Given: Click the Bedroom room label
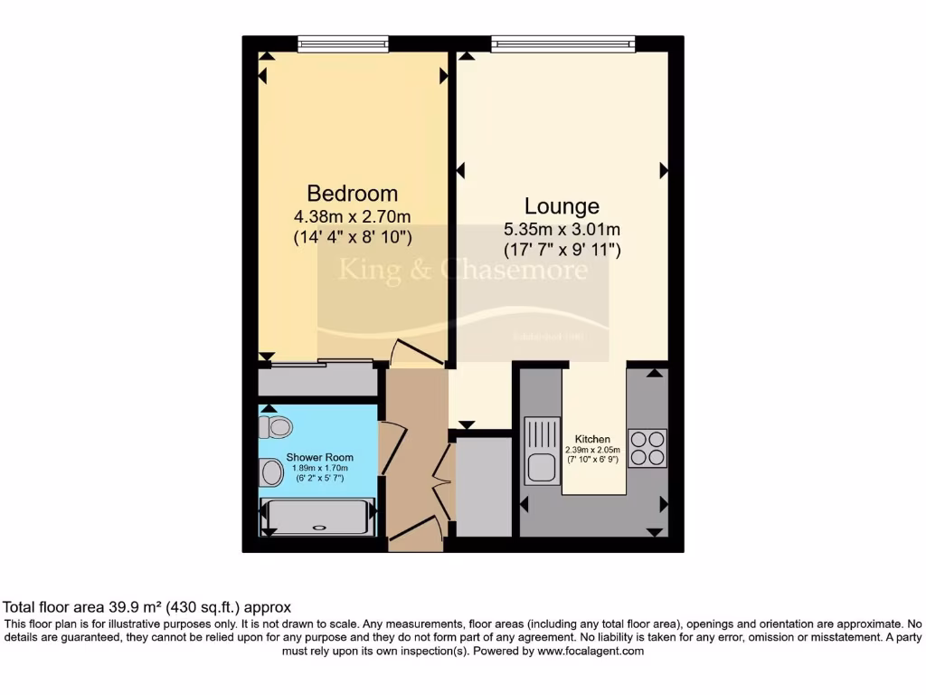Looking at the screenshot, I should click(x=353, y=194).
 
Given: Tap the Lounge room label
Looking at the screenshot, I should click(x=562, y=206).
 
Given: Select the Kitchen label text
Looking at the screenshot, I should click(x=592, y=439).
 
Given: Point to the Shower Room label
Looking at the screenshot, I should click(x=319, y=457).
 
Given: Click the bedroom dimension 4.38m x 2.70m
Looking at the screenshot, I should click(x=353, y=217).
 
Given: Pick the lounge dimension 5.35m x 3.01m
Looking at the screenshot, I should click(x=562, y=229).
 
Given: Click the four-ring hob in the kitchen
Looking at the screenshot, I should click(x=647, y=447).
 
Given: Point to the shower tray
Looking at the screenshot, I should click(x=317, y=518).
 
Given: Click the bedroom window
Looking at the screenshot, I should click(x=343, y=43).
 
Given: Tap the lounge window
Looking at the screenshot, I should click(x=562, y=43).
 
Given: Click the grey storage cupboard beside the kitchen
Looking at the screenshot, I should click(x=484, y=488).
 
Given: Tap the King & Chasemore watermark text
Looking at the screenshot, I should click(x=463, y=270).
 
